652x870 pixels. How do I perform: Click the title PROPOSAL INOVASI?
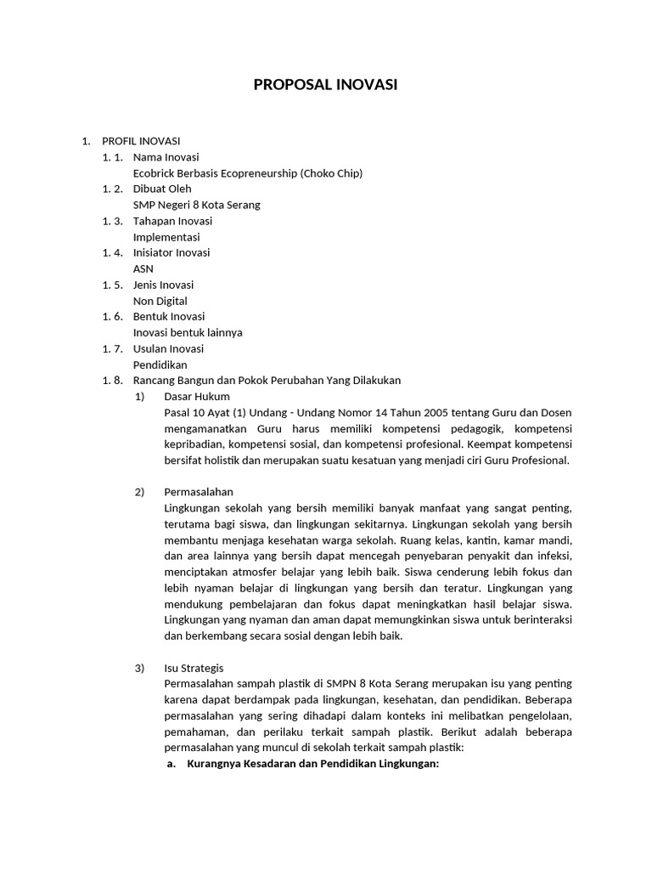click(326, 85)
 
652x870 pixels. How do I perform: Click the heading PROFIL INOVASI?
click(141, 141)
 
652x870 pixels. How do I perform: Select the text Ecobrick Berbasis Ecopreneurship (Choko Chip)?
click(247, 173)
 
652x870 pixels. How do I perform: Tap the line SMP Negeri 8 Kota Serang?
click(196, 205)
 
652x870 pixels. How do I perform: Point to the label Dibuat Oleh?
click(162, 189)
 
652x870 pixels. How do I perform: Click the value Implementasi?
click(166, 237)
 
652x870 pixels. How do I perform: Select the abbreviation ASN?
click(143, 268)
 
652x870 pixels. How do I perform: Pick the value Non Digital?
click(160, 301)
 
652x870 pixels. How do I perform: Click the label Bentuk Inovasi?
click(168, 317)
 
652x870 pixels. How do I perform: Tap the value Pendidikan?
click(160, 364)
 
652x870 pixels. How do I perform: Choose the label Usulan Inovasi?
click(168, 348)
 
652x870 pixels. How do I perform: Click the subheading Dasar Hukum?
click(197, 397)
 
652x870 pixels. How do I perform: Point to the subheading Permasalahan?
click(199, 492)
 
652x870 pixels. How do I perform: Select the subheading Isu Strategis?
click(194, 668)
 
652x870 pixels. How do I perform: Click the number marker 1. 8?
click(113, 381)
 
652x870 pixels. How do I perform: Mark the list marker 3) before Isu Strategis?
click(140, 668)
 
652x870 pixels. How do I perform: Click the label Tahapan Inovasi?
click(172, 221)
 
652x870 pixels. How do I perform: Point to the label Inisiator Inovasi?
click(171, 252)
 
